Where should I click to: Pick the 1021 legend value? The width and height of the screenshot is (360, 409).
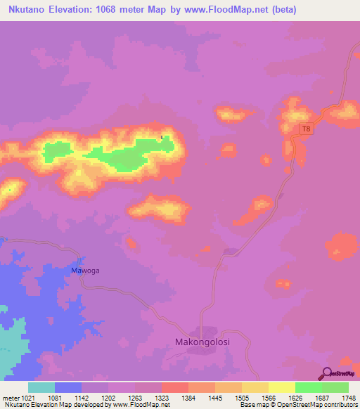pos(24,397)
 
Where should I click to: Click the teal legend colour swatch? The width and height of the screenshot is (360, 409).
pos(41,387)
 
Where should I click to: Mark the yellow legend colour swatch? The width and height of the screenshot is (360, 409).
pos(281,387)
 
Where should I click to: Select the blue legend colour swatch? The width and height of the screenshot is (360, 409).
pos(68,387)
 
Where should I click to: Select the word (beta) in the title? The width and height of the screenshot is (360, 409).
pos(284,10)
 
